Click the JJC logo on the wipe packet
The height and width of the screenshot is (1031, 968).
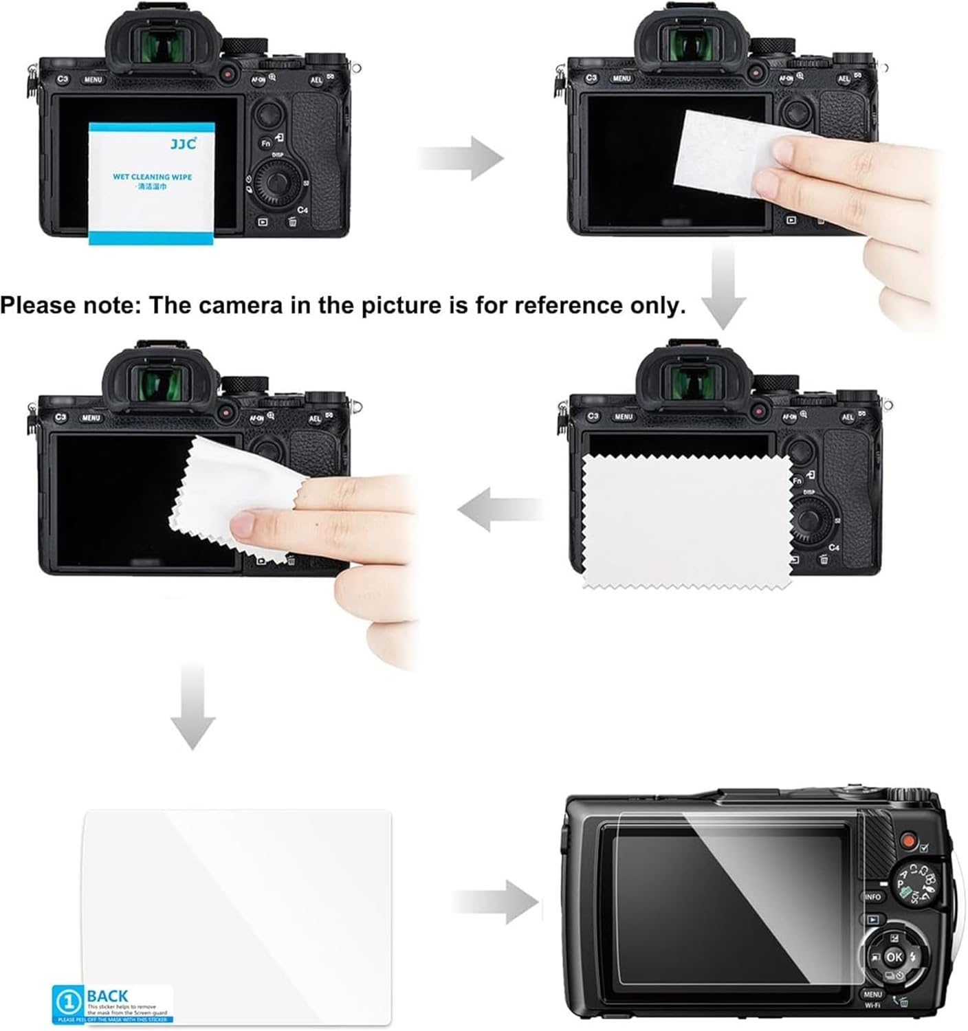tap(183, 144)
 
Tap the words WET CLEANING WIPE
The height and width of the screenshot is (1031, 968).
tap(152, 177)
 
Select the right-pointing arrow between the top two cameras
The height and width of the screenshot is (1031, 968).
tap(462, 158)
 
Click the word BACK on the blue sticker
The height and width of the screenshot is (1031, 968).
tap(107, 996)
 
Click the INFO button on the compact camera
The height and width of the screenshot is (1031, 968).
tap(872, 897)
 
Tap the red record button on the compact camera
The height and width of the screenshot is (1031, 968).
tap(908, 840)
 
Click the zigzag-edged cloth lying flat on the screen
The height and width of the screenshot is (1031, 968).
tap(686, 522)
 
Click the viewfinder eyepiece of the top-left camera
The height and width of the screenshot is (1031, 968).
tap(162, 47)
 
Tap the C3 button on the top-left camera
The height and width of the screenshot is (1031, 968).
tap(63, 79)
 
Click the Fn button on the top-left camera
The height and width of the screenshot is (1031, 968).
tap(265, 143)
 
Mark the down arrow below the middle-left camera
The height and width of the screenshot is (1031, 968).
tap(192, 708)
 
